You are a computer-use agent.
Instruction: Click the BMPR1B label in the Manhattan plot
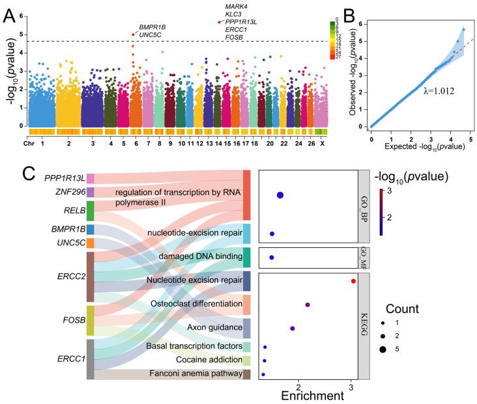click(x=152, y=27)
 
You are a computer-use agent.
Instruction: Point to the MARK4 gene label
click(x=236, y=6)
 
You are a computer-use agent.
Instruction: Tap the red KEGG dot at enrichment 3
click(x=353, y=281)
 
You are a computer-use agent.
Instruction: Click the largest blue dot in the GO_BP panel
click(x=280, y=195)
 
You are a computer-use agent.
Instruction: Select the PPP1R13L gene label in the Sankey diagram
click(x=64, y=178)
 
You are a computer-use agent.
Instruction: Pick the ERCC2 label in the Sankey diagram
click(x=71, y=276)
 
